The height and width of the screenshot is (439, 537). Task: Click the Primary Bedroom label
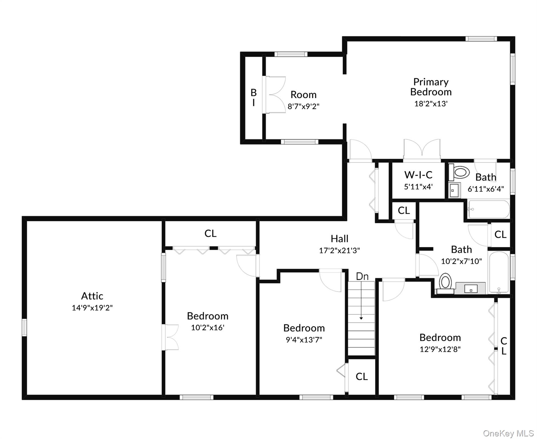(x=431, y=87)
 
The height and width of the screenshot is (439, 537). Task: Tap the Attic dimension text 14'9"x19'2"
(x=92, y=308)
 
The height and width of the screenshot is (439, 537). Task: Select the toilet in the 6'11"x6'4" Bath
(x=460, y=172)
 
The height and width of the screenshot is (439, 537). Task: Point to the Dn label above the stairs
(x=362, y=276)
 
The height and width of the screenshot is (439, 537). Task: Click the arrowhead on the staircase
(x=361, y=318)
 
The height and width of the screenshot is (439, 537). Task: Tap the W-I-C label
(x=418, y=175)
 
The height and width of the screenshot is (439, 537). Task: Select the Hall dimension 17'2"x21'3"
(x=339, y=251)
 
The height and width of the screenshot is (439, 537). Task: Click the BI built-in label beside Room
(x=253, y=97)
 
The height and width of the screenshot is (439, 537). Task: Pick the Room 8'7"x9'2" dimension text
(x=303, y=106)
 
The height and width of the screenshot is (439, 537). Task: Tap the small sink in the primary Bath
(x=454, y=190)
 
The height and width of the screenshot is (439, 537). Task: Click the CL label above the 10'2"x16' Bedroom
(x=210, y=234)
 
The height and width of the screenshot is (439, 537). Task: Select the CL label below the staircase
(x=362, y=376)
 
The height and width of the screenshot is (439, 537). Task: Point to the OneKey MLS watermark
(x=508, y=433)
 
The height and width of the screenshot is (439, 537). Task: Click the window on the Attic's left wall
(x=24, y=327)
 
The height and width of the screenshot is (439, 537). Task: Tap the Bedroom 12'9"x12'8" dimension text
(x=440, y=349)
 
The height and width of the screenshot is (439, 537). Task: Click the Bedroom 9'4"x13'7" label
(x=304, y=328)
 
